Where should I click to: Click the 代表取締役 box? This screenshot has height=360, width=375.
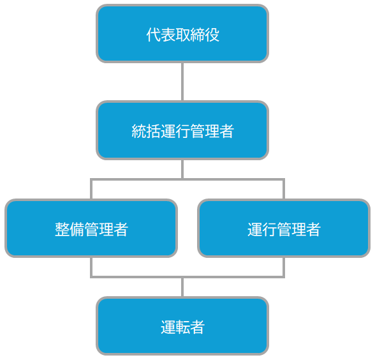(182, 33)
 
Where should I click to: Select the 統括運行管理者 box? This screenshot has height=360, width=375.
(182, 130)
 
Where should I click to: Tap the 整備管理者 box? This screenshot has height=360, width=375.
(91, 228)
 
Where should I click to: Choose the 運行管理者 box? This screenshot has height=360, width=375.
(284, 228)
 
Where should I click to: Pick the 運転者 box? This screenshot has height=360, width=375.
(182, 326)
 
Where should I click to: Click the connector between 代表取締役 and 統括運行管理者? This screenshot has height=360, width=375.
(182, 82)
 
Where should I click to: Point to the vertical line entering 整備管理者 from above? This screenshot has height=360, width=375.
(91, 189)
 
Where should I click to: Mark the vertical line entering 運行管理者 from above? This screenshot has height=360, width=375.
(284, 189)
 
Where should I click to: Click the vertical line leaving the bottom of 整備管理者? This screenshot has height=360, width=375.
(91, 267)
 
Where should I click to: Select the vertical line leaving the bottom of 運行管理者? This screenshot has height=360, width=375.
(284, 267)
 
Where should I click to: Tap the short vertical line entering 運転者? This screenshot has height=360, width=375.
(182, 287)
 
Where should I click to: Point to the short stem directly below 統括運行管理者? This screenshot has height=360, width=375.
(182, 169)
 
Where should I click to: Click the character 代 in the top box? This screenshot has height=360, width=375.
(153, 34)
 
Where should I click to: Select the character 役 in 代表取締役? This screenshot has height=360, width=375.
(212, 34)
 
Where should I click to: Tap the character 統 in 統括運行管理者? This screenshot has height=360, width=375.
(138, 131)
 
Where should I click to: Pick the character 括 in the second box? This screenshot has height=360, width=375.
(153, 131)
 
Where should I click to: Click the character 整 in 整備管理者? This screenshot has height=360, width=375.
(62, 229)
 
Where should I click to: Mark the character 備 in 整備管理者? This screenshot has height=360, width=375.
(77, 229)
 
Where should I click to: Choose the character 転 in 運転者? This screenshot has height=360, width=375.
(182, 327)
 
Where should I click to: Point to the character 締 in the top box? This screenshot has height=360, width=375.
(197, 34)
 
